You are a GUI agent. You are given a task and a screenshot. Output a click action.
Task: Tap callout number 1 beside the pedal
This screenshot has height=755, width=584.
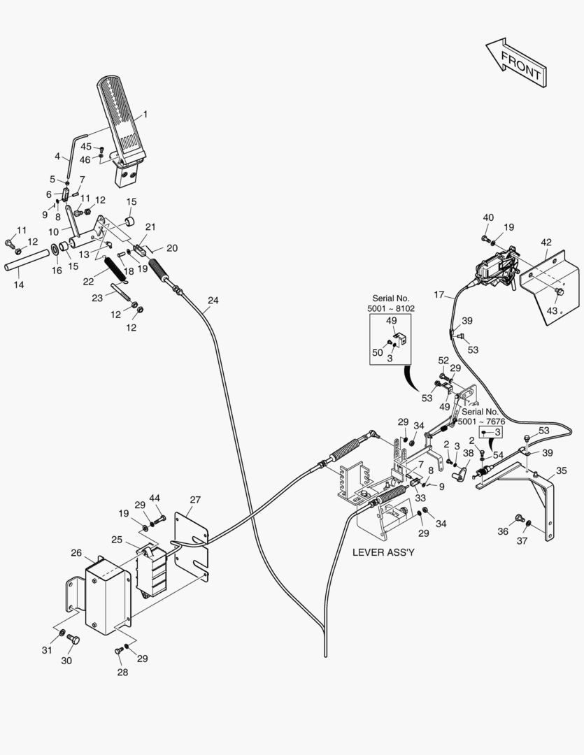point(145,114)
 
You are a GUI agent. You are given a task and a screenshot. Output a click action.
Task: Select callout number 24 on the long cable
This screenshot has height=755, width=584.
point(213,301)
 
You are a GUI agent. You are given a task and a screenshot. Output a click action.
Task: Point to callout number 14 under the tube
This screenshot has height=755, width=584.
point(18,285)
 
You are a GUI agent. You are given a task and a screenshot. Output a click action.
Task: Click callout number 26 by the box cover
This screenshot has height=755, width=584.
point(76,553)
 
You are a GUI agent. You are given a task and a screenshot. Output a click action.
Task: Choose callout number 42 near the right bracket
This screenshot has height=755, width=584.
point(546,243)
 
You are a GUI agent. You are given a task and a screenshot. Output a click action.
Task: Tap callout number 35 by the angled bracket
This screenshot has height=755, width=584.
point(561,471)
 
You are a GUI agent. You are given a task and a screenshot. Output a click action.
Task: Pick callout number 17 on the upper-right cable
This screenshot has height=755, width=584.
point(439,294)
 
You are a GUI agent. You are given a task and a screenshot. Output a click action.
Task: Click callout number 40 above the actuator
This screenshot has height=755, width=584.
point(488,217)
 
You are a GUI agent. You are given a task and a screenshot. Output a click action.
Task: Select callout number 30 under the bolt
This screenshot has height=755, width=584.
point(67,660)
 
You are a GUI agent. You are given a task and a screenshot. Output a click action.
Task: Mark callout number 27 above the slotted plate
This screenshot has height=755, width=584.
point(195,500)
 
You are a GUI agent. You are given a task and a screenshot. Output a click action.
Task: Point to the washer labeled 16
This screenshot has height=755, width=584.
point(55,251)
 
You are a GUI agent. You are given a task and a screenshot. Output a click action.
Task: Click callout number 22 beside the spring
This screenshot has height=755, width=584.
point(87,281)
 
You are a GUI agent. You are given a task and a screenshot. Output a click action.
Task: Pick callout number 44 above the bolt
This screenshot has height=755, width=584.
point(155,498)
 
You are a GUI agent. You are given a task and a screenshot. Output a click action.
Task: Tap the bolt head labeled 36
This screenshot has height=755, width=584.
point(519,518)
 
